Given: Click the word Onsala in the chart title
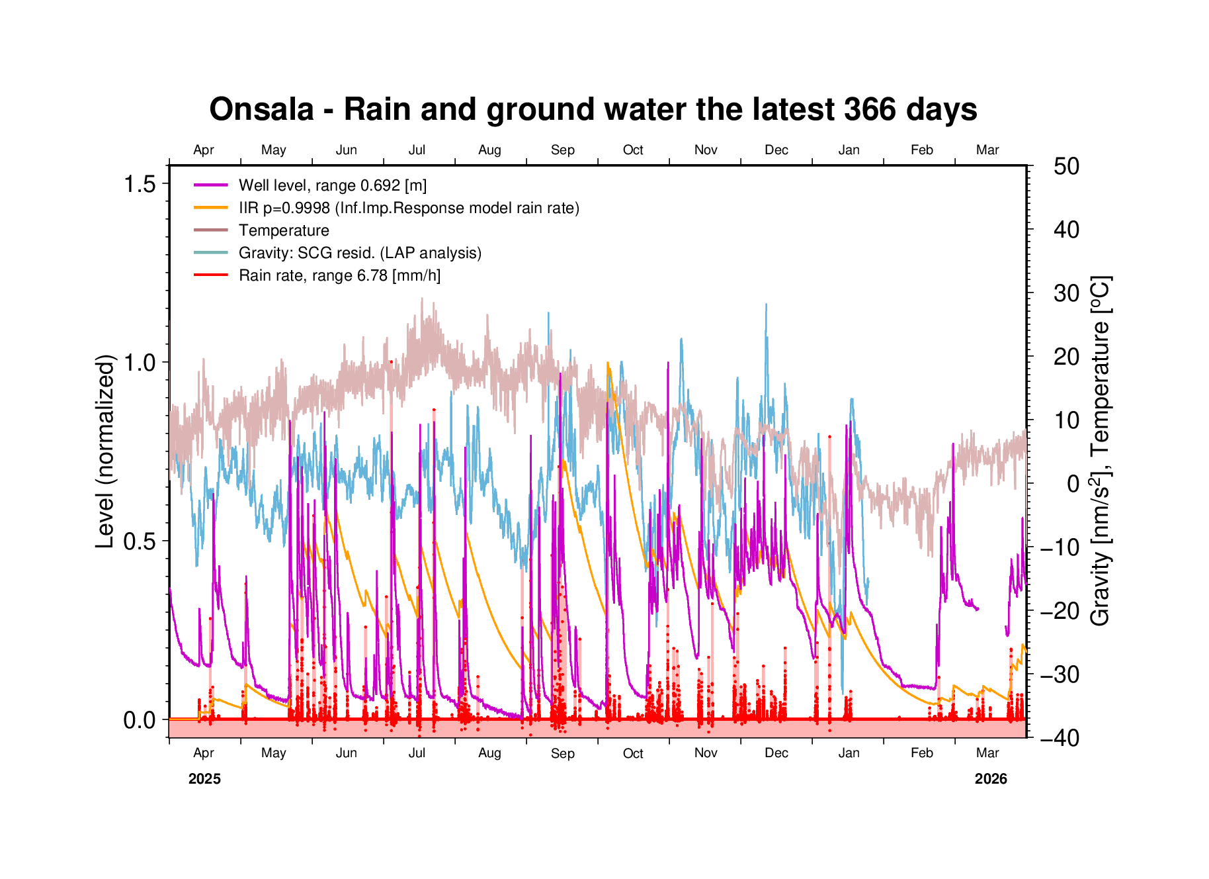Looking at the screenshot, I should [261, 109].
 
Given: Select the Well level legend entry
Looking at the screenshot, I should [332, 185].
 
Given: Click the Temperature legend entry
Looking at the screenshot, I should [284, 230].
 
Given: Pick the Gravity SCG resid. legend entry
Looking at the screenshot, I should [360, 253].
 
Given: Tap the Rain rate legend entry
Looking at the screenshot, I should [339, 275].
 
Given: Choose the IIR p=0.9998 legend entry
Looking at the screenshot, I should [409, 208].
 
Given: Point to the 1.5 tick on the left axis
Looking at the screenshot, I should [140, 184].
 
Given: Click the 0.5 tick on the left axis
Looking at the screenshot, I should [140, 541].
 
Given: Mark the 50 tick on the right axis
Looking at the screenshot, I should [1066, 166].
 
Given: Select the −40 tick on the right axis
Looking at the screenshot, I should [1060, 737].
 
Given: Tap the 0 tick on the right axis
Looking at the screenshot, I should [1073, 484].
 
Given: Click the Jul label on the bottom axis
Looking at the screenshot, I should [417, 753].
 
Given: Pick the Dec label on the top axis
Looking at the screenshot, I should [776, 150].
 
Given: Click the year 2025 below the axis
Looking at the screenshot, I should [204, 779].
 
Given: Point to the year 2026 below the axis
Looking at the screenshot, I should [991, 779].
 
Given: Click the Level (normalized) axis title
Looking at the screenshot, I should [106, 451].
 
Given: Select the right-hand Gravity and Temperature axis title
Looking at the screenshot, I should [1101, 450].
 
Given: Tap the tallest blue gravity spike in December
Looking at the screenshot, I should [767, 305].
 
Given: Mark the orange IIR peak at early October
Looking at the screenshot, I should [608, 363].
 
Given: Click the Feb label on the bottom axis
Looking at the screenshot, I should [921, 753].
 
